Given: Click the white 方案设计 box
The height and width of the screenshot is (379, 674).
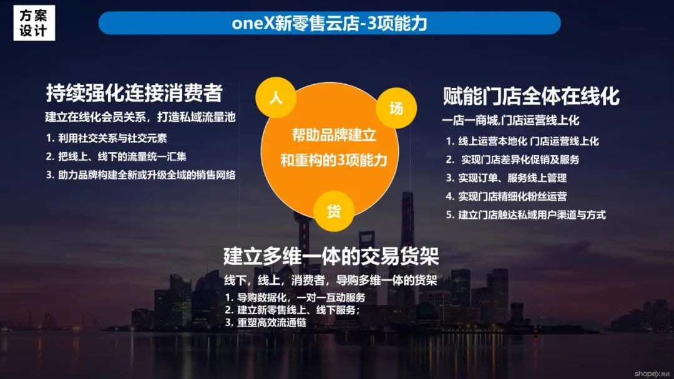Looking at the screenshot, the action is pos(34,22).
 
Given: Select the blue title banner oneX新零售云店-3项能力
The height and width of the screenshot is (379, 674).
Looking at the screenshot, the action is pos(330,22).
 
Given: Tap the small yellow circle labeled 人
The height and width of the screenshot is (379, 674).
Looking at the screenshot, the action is pos(276,97).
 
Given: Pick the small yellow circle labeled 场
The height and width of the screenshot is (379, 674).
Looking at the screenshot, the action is pos(396,108).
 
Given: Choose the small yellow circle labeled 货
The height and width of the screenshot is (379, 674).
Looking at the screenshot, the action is pos(334,211).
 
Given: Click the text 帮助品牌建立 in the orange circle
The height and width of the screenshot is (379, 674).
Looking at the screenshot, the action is pos(334,135).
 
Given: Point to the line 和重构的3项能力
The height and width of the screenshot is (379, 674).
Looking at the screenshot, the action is pos(334,160).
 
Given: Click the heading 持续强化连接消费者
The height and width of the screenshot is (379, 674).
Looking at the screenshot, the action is pos(134,93).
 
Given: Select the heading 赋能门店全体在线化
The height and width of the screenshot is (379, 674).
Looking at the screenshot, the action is pos(531,96).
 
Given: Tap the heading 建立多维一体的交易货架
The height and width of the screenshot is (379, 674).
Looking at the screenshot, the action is pos(331,256).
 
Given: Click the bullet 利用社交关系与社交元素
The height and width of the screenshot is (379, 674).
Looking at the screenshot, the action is pos(106,138).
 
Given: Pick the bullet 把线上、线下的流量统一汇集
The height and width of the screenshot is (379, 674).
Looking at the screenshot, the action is pos(116,156).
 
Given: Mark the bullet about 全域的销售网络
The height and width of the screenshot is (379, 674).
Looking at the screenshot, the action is pos(140,175).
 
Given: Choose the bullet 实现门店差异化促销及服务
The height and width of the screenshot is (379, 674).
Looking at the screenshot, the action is pos(512,160).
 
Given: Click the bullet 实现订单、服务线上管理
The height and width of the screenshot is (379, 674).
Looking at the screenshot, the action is pos(506,178).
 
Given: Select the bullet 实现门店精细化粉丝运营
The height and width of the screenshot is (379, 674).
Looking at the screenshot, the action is pos(506,196).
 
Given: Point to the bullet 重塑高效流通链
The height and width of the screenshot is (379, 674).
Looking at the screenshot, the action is pos(266,323).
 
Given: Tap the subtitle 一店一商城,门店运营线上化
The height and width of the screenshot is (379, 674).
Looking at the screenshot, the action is pos(510,120).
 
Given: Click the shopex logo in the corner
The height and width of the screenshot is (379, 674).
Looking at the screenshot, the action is pos(652,374).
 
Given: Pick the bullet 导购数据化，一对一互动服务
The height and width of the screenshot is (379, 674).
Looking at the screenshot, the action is pos(295,297).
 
